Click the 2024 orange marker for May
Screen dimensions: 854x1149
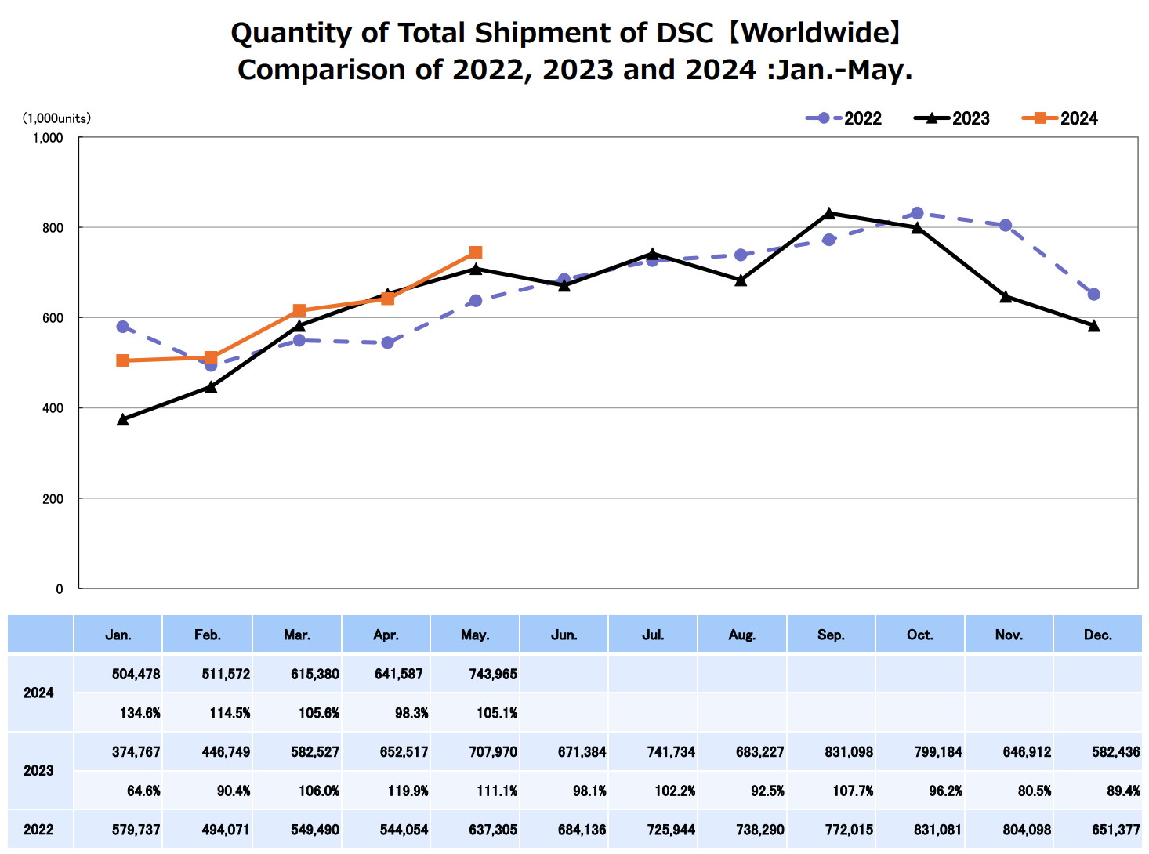476,252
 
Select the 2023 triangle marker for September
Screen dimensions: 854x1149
829,213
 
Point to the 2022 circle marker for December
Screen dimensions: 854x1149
1094,295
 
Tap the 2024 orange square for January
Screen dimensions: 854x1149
122,360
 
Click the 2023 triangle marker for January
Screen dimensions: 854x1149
122,420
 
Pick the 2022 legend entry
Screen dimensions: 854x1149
844,118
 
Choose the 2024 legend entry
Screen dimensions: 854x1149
1060,118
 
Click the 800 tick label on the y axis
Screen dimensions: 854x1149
52,228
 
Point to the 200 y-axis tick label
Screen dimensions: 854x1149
52,499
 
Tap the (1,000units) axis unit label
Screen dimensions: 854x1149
56,118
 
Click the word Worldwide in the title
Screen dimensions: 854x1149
813,33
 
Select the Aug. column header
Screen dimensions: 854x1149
741,635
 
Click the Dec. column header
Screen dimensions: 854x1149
1097,635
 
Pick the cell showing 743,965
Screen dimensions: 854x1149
493,674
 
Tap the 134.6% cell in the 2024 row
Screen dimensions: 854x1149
140,713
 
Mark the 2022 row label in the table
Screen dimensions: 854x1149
38,830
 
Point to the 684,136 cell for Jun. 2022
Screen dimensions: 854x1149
582,830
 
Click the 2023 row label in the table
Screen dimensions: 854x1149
38,771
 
